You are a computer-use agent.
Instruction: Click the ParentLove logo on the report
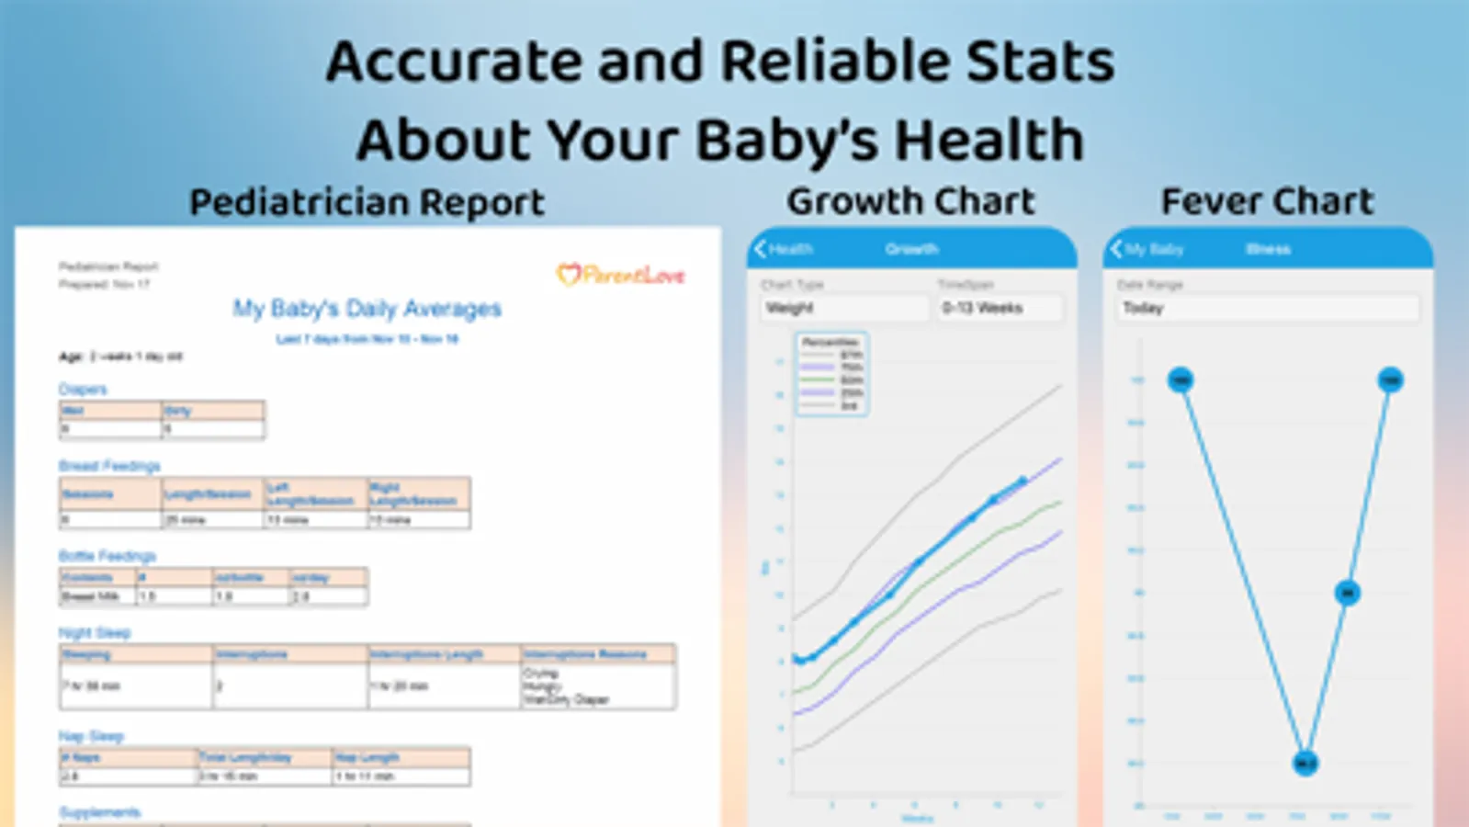621,275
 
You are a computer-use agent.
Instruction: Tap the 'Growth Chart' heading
910,201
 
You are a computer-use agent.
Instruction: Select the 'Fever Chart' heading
1267,201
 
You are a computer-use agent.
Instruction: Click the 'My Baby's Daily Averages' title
367,309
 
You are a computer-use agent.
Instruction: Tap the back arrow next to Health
761,249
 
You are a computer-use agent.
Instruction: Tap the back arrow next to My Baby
1116,249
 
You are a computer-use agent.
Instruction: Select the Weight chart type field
843,308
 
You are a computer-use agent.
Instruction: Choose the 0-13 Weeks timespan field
1000,308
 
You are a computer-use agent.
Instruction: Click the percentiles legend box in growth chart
831,374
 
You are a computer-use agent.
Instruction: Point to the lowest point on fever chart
1305,763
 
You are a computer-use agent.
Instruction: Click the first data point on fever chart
1181,380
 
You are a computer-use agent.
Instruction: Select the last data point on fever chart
1390,380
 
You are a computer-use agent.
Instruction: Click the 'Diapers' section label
83,390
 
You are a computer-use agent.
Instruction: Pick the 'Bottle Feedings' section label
107,556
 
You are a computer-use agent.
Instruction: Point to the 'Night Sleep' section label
95,633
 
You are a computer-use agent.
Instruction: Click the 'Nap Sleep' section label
91,736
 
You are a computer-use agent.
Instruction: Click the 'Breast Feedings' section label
109,466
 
